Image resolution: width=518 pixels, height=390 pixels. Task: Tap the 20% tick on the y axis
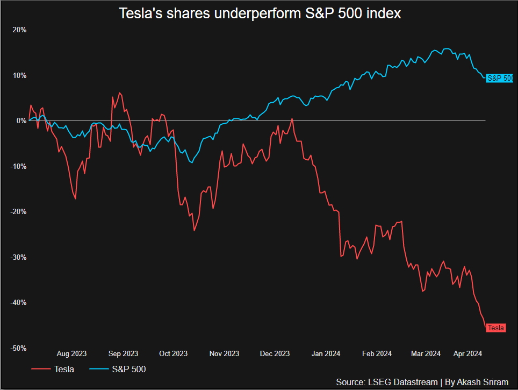pyautogui.click(x=20, y=30)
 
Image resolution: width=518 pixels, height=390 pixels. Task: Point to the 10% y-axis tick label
pyautogui.click(x=20, y=75)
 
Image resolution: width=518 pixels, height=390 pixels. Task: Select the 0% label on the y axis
pyautogui.click(x=21, y=121)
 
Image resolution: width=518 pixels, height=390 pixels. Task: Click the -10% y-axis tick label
pyautogui.click(x=18, y=166)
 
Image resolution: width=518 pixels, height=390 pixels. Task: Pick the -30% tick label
pyautogui.click(x=18, y=257)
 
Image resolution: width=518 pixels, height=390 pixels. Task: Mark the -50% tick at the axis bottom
pyautogui.click(x=18, y=348)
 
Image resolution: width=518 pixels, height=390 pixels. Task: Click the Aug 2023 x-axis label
pyautogui.click(x=71, y=353)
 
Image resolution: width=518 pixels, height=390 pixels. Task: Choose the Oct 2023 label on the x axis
pyautogui.click(x=173, y=353)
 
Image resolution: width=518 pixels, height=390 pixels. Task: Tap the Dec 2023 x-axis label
pyautogui.click(x=275, y=353)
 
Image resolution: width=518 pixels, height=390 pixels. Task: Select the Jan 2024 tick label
pyautogui.click(x=325, y=353)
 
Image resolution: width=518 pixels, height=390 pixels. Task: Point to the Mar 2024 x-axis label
pyautogui.click(x=426, y=353)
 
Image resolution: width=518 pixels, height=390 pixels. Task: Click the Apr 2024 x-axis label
pyautogui.click(x=467, y=353)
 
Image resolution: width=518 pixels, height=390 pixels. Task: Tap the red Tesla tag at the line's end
pyautogui.click(x=495, y=328)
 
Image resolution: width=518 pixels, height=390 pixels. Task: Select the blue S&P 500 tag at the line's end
pyautogui.click(x=499, y=79)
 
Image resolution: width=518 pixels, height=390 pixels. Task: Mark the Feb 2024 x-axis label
pyautogui.click(x=377, y=353)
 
